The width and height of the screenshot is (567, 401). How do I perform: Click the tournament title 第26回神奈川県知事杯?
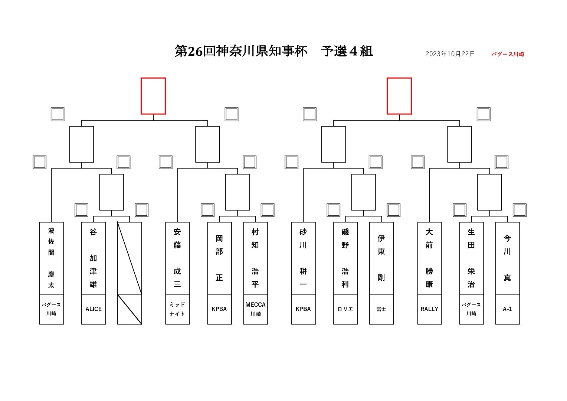tap(241, 51)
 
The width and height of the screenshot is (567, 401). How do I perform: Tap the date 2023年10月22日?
tap(450, 54)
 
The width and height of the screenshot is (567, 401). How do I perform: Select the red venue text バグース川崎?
tap(508, 54)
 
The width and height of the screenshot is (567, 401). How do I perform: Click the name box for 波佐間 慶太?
tap(51, 258)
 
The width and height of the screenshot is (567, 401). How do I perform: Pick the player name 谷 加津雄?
tap(94, 258)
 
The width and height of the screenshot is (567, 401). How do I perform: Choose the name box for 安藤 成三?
tap(177, 258)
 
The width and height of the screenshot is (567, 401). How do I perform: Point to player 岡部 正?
tap(219, 258)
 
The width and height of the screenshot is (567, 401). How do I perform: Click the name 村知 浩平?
tap(255, 258)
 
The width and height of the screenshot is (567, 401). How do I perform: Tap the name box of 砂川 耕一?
tap(304, 258)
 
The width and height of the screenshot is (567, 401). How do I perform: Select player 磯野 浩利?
tap(345, 258)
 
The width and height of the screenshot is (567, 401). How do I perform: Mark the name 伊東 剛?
tap(381, 258)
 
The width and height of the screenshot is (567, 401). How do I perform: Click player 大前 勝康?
tap(430, 258)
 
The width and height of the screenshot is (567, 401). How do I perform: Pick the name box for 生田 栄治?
tap(472, 258)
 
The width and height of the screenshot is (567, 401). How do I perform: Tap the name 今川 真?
tap(508, 258)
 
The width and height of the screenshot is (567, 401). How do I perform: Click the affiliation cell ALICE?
tap(94, 309)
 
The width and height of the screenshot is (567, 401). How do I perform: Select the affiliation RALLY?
tap(430, 309)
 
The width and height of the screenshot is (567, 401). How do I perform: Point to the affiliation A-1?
tap(508, 309)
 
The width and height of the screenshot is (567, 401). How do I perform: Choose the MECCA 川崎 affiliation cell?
tap(255, 309)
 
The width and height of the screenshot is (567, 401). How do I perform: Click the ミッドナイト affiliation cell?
tap(177, 309)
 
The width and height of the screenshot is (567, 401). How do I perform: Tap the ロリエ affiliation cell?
tap(345, 309)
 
